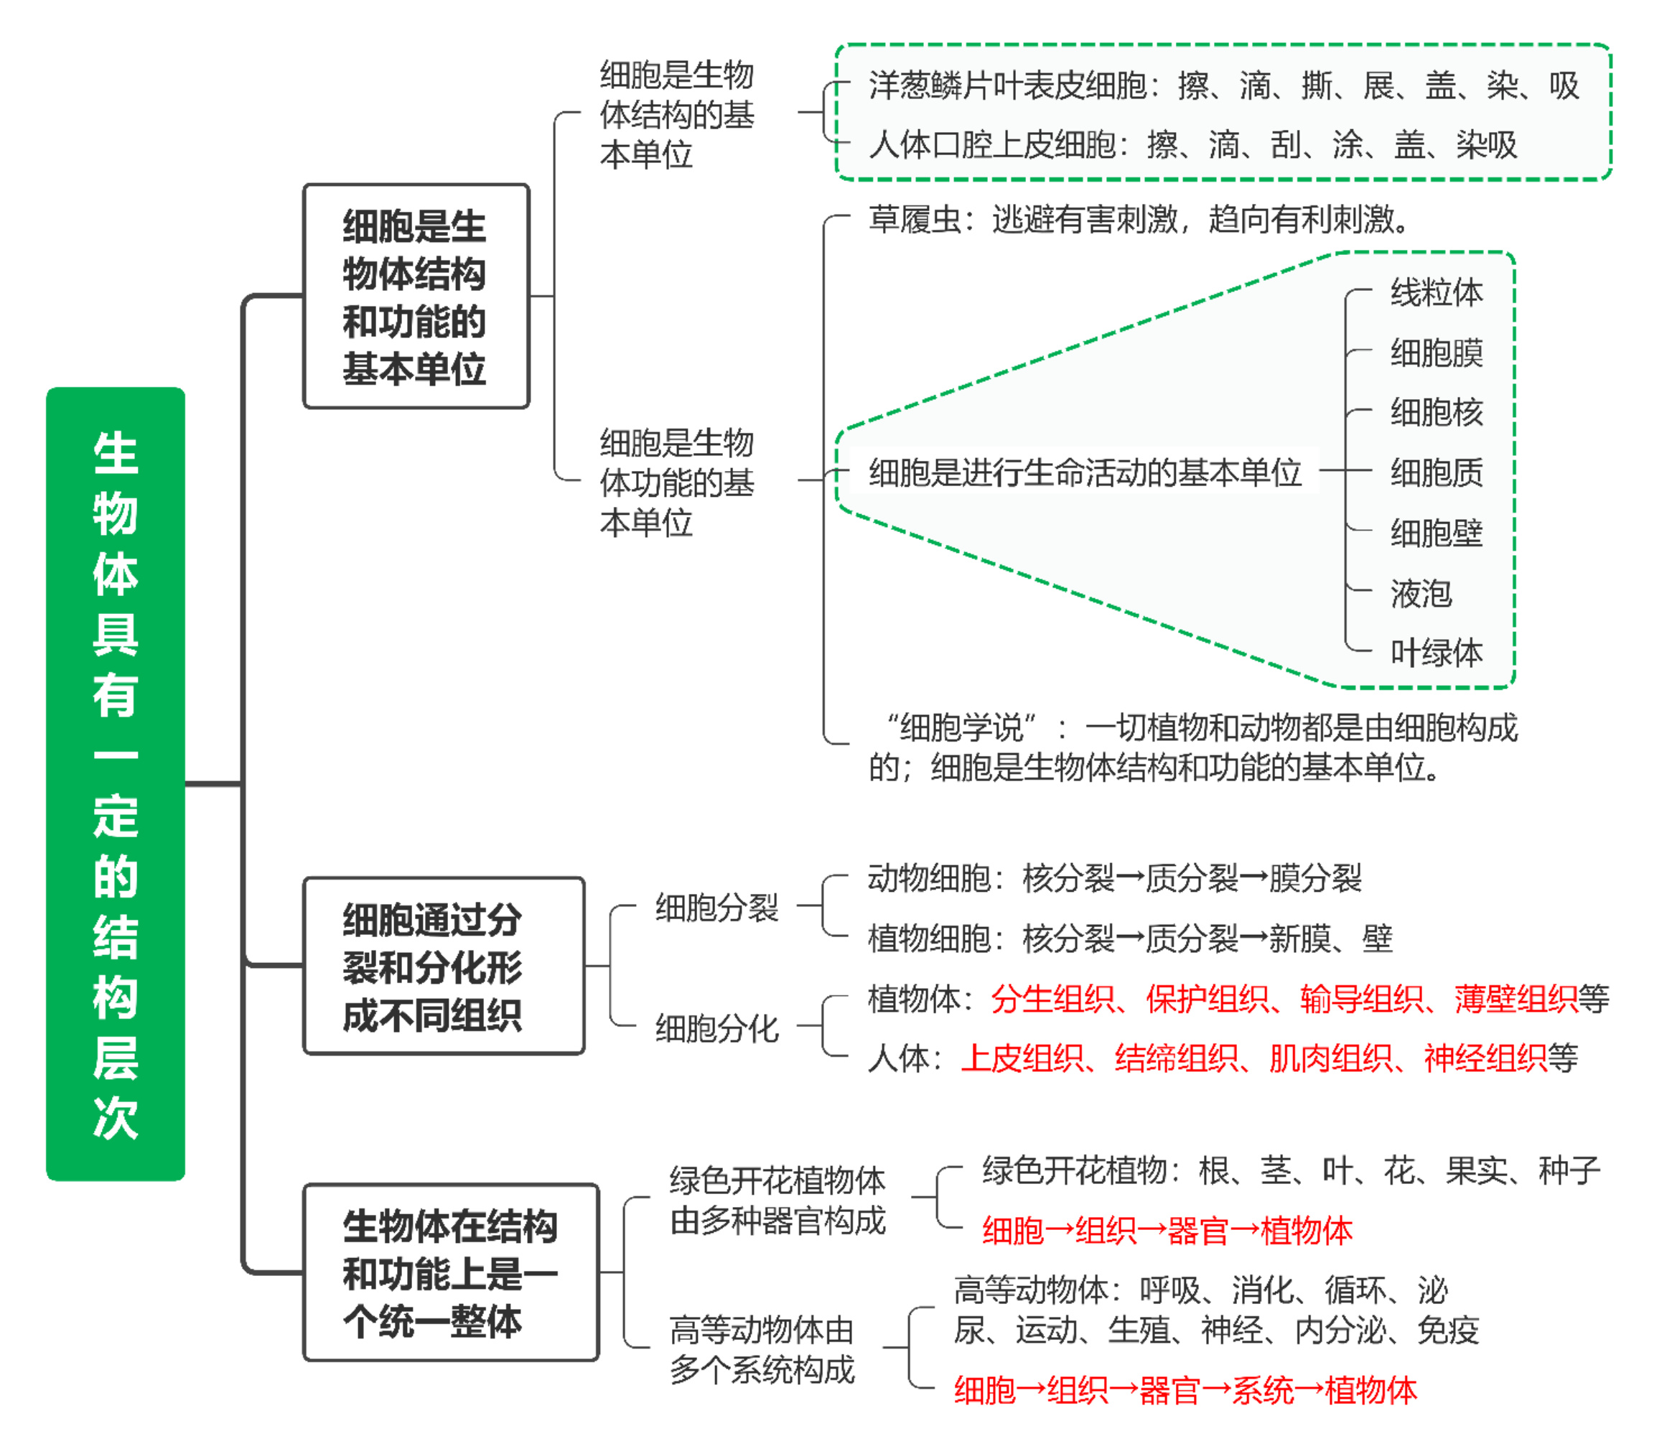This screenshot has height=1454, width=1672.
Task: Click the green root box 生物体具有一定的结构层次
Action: [x=115, y=784]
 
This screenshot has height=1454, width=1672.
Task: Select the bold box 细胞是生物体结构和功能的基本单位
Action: [x=416, y=296]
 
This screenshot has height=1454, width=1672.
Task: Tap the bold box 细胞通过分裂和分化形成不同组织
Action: [x=444, y=966]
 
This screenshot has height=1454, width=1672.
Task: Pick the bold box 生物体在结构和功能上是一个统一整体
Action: [x=451, y=1272]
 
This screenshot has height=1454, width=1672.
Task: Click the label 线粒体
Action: [x=1436, y=293]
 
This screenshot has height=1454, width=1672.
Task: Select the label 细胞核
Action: [x=1436, y=412]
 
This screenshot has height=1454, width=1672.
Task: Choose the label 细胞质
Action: [x=1436, y=472]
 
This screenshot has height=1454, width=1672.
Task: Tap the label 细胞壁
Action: [x=1436, y=533]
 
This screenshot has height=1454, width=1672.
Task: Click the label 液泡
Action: [x=1421, y=593]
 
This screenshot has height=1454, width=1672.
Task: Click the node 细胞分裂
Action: [x=716, y=907]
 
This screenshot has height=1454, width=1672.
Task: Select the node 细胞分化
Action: [x=716, y=1028]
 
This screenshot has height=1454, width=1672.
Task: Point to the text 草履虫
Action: [x=915, y=219]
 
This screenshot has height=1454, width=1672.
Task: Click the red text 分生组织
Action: [x=1052, y=999]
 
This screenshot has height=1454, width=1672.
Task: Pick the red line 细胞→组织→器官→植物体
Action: [x=1167, y=1231]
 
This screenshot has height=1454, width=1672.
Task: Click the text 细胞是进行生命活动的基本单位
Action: [x=1085, y=472]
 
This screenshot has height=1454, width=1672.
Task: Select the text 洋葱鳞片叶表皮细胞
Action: [x=1007, y=85]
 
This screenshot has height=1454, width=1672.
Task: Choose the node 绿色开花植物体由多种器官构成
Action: [x=777, y=1200]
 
